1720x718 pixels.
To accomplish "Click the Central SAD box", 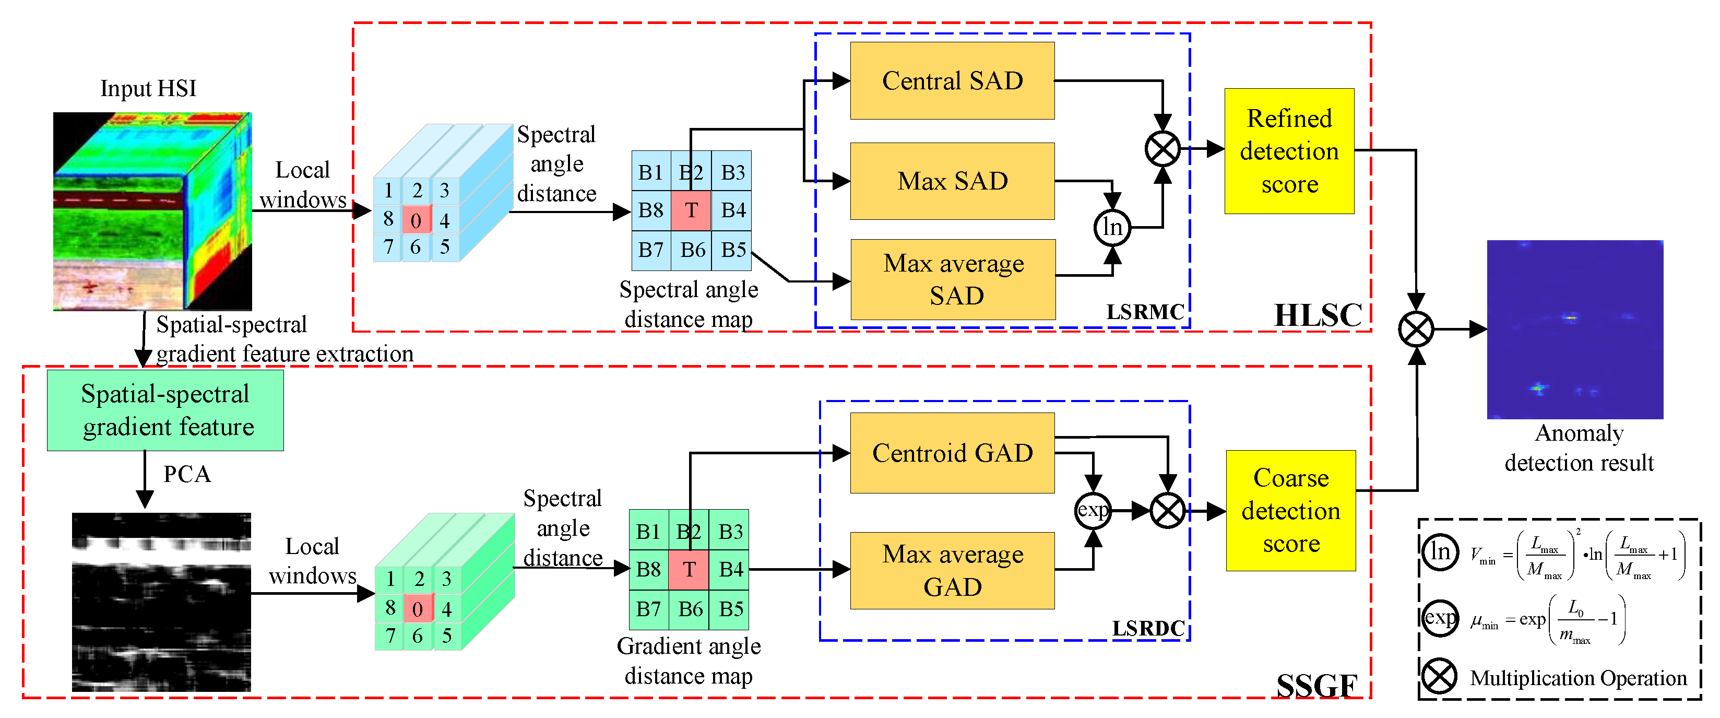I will coord(952,81).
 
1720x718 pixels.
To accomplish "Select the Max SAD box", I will coord(952,181).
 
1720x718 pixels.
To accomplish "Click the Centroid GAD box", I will coord(952,453).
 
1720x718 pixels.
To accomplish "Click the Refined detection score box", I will coord(1289,151).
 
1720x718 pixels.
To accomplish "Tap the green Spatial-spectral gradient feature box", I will coord(165,410).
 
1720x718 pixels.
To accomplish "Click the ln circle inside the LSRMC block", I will coord(1112,227).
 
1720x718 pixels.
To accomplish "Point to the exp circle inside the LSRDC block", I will coord(1093,511).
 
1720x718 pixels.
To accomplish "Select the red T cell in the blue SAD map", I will coord(691,210).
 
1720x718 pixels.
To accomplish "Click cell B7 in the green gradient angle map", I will coord(648,609).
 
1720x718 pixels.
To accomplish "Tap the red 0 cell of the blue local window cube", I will coord(416,220).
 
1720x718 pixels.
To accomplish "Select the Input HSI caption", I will coord(148,88).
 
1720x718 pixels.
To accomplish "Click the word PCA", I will coord(187,474).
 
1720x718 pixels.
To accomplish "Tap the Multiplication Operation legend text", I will coord(1578,678).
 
